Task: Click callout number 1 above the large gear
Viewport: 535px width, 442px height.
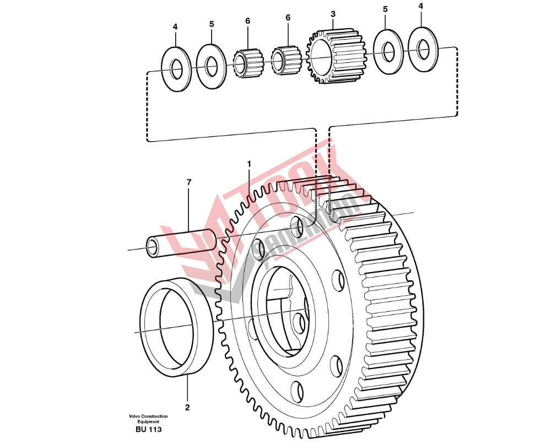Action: click(249, 164)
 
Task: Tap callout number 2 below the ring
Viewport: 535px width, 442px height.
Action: click(187, 408)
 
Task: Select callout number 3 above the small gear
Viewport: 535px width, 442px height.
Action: click(333, 13)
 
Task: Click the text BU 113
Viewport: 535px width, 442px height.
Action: click(148, 429)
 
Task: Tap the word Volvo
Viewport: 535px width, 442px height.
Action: click(134, 416)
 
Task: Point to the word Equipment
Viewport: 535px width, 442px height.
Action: click(148, 422)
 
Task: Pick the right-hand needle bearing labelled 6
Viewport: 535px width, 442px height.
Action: click(287, 60)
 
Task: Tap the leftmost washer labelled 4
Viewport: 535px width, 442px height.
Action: click(176, 68)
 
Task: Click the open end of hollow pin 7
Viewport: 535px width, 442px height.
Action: click(152, 246)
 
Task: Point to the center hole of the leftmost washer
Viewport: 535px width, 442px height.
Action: click(176, 70)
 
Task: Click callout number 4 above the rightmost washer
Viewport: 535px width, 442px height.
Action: click(421, 6)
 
